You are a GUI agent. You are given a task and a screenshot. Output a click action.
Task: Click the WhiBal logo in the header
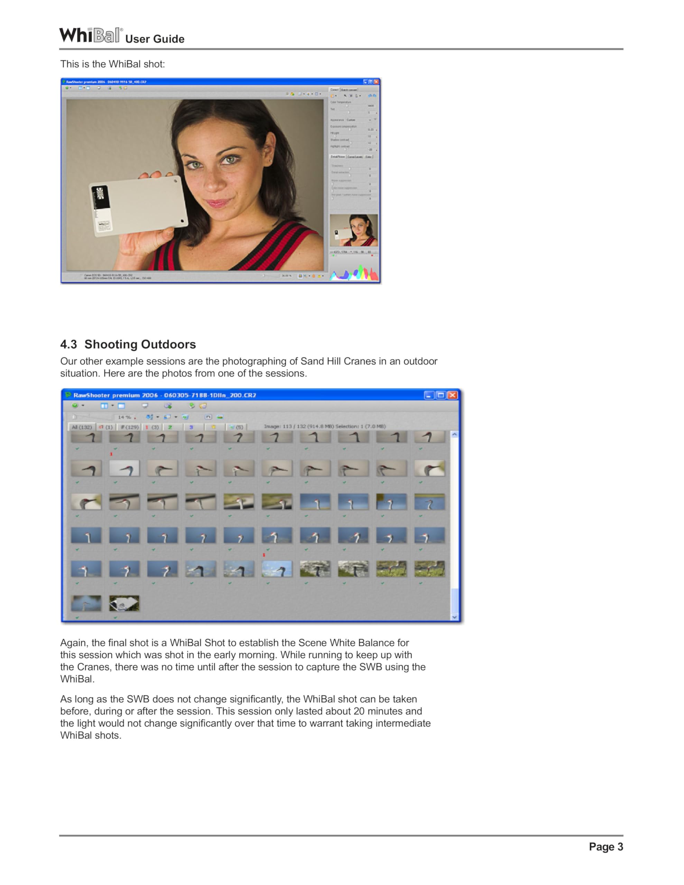(x=90, y=35)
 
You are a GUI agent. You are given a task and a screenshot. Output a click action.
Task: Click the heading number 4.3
(x=68, y=344)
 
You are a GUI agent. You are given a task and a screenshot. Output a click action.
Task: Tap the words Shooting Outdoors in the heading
(x=140, y=344)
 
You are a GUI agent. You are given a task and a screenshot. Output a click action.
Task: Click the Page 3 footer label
(x=606, y=847)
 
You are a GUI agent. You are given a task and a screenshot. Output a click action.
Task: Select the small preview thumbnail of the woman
(x=353, y=230)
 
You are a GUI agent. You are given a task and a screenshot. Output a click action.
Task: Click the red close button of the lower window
(x=453, y=395)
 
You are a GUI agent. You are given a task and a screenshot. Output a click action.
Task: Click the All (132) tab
(x=82, y=427)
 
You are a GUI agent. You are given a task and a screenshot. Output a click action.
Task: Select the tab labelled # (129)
(x=129, y=427)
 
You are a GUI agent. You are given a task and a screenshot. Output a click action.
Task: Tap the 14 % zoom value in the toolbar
(x=124, y=417)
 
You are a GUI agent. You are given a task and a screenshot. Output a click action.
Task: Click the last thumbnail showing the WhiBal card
(x=124, y=603)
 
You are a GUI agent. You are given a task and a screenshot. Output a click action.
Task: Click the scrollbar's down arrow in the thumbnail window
(x=454, y=617)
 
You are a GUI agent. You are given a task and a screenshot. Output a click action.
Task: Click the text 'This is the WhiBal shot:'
(x=112, y=64)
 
